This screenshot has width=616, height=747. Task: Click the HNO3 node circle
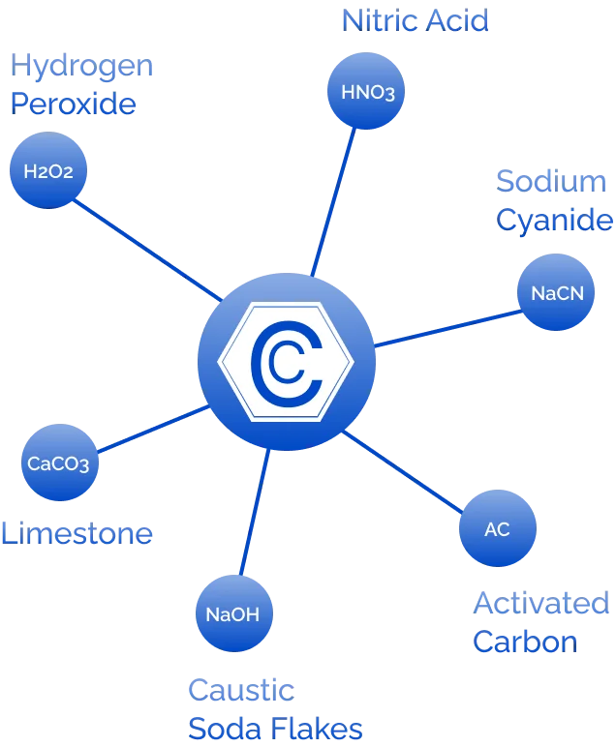coord(368,92)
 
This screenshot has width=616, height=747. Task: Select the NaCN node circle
coord(557,291)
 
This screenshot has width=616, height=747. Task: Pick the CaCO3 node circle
coord(58,463)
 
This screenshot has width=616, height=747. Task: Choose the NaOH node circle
coord(232,613)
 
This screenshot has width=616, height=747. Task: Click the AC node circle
coord(497,528)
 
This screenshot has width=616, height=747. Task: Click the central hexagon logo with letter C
coord(285,361)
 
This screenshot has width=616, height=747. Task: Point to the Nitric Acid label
coord(414,20)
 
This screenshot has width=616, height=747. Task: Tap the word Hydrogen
coord(80,65)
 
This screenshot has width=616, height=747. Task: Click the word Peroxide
coord(72,103)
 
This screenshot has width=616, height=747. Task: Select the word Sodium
coord(553,180)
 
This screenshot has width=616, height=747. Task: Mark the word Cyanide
coord(554,220)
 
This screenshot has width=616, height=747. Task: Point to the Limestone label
coord(77,533)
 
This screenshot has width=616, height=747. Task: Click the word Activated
coord(541,604)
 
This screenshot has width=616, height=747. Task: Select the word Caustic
coord(239,690)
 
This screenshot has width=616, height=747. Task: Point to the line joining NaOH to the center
coord(253,513)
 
